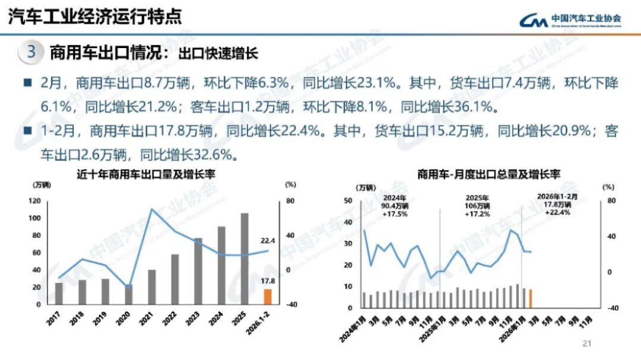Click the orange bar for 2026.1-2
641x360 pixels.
pos(268,297)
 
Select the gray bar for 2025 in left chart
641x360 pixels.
pos(244,259)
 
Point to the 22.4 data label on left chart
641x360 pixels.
pos(268,241)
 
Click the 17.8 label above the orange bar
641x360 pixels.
pos(268,281)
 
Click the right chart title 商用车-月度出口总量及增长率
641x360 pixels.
pos(481,174)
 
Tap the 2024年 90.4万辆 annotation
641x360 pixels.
pos(395,205)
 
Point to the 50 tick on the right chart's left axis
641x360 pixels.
pos(348,200)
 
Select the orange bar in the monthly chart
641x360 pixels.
pos(531,299)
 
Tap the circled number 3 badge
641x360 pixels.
pos(31,52)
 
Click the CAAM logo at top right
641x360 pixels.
pos(570,20)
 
